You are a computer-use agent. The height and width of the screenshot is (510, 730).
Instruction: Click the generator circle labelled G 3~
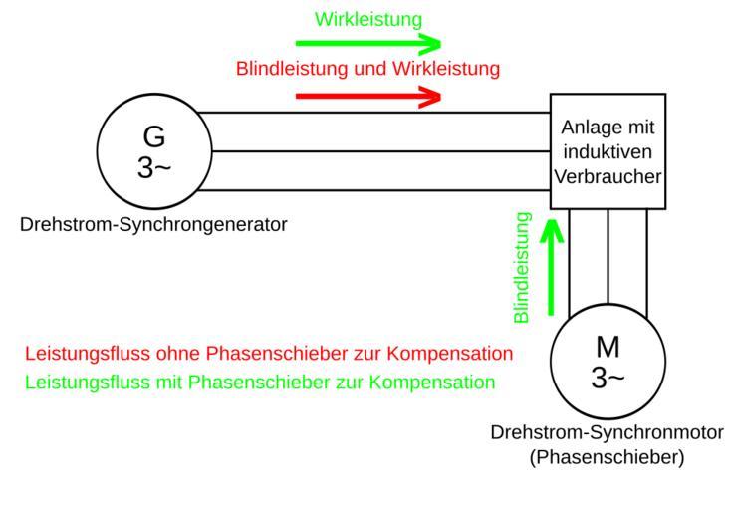153,151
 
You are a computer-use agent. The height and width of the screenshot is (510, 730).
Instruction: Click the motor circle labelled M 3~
608,362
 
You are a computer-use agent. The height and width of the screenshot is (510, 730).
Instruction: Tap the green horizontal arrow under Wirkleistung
368,44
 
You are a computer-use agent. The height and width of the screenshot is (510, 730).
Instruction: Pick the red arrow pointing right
368,96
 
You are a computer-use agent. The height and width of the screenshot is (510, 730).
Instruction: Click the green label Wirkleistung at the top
368,19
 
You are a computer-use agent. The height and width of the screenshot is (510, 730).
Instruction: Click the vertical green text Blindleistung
522,266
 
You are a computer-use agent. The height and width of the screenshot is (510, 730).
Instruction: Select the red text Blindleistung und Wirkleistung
367,70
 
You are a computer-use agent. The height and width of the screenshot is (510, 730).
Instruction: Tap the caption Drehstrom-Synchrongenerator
153,224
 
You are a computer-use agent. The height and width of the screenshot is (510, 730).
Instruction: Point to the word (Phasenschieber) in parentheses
607,458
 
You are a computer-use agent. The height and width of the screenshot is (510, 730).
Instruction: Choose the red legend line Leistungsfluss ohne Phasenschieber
269,354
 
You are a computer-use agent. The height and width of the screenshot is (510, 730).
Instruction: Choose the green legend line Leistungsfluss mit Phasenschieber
260,382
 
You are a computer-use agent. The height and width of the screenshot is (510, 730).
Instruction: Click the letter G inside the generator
154,136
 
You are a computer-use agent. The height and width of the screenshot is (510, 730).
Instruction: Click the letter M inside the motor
608,347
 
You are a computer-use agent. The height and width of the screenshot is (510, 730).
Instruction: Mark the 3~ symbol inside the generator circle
154,167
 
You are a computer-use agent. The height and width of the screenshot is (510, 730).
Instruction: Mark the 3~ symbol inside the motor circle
608,379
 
